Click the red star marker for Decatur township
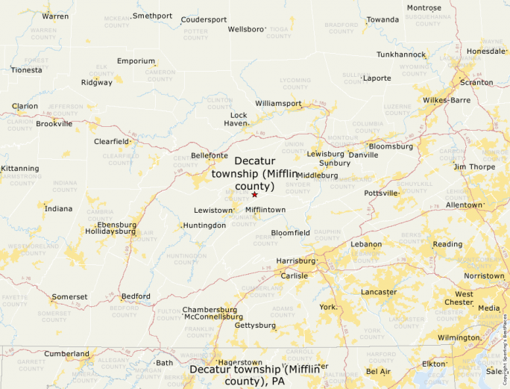[254, 195]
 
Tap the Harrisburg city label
[296, 261]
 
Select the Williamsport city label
[278, 102]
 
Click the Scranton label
[476, 82]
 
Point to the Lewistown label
[213, 211]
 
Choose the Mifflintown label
[265, 210]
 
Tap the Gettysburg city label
[255, 326]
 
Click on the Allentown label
[464, 205]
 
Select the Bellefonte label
[210, 155]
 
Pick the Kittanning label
[19, 169]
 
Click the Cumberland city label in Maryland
[66, 354]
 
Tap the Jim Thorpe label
[473, 167]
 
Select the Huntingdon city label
[204, 225]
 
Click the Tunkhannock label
[400, 55]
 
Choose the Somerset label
[69, 296]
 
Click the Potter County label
[196, 34]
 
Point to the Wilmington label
[459, 337]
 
